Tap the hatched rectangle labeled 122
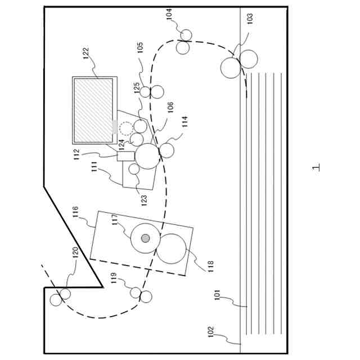coord(93,110)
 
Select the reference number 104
coord(169,14)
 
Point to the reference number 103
coord(250,18)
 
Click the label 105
coord(140,48)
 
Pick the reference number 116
coord(75,213)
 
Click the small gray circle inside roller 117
coord(146,238)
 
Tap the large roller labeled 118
coord(171,249)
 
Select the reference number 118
coord(210,266)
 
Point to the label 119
coord(114,278)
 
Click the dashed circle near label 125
coord(127,128)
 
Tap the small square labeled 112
coord(125,156)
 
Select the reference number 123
coord(143,200)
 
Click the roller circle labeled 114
coord(167,150)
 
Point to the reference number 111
coord(94,167)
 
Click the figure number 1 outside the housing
coord(316,167)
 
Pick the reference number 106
coord(170,107)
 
